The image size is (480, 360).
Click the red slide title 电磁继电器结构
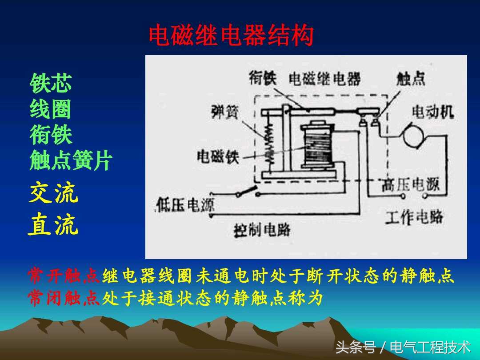(x=231, y=36)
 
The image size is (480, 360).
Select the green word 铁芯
(x=51, y=83)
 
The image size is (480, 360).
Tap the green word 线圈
(x=51, y=109)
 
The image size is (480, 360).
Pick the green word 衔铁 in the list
(x=51, y=135)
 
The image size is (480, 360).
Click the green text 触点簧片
(x=71, y=161)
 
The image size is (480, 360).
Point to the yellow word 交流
(x=53, y=194)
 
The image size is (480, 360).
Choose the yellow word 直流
(x=53, y=225)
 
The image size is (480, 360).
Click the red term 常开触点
(x=64, y=276)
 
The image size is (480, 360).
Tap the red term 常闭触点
(x=64, y=299)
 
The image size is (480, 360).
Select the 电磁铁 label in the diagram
(x=218, y=156)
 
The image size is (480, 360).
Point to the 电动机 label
(x=432, y=112)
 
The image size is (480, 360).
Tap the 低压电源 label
(x=185, y=205)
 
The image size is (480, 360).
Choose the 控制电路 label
(x=262, y=230)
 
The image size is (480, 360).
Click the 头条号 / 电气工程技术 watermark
(x=403, y=347)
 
